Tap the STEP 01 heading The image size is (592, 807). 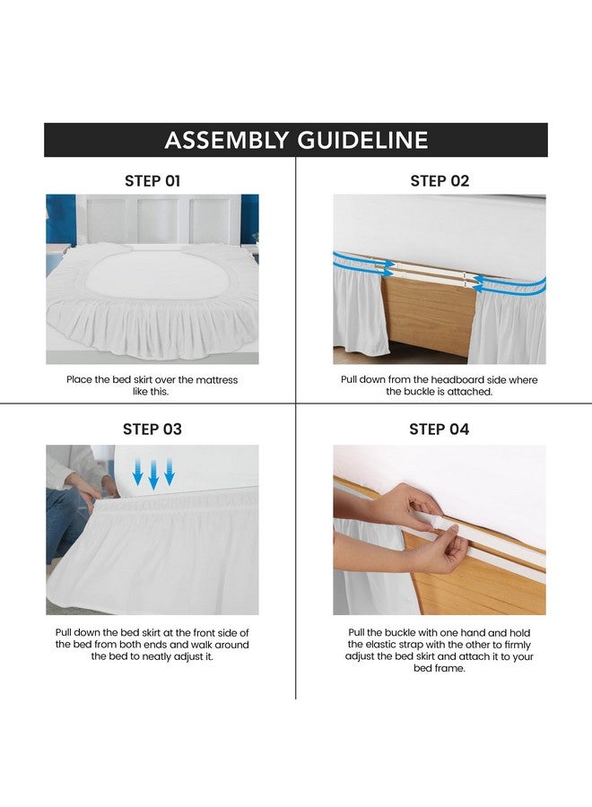(x=152, y=181)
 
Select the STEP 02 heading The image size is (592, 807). (x=440, y=181)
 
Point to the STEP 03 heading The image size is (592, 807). (x=152, y=430)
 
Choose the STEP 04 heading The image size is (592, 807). (x=440, y=430)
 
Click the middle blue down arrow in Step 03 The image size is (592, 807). (x=153, y=473)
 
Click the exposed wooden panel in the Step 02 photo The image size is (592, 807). (x=427, y=309)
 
